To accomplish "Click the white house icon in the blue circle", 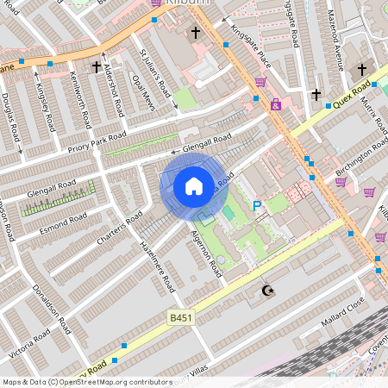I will point(194,185).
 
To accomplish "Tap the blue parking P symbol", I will point(256,206).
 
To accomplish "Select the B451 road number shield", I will point(179,318).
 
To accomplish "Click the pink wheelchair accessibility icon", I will point(276,104).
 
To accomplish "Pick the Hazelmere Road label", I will point(157,266).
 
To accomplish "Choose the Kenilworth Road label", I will point(84,102).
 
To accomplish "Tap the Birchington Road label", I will point(362,159).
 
